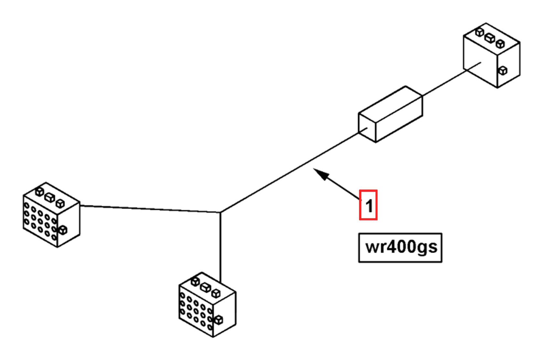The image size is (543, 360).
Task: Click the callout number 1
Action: coord(368,205)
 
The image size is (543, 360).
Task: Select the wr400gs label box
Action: coord(400,247)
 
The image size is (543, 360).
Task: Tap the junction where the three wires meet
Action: coord(220,212)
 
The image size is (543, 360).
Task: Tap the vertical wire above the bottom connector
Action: coord(220,246)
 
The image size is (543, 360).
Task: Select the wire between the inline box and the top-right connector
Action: coord(444,82)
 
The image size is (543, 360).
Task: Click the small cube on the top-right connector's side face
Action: coord(503,70)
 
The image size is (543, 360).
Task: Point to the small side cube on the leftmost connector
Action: coord(63,230)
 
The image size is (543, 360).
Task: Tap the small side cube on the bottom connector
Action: coord(218,320)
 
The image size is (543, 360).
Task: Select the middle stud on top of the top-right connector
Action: coord(490,38)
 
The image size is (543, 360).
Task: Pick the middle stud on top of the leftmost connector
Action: coord(50,197)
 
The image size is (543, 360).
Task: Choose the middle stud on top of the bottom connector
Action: coord(206,287)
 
